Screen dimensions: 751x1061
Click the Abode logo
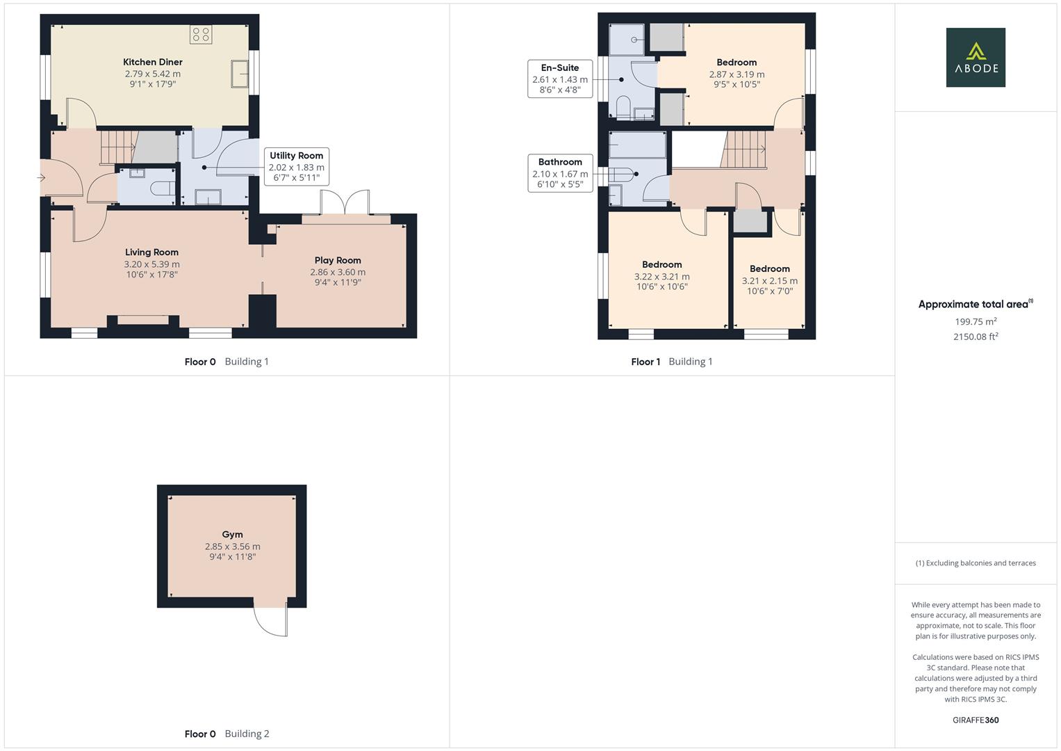[975, 57]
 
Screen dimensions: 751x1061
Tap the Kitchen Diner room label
[153, 62]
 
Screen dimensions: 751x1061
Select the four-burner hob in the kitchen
[201, 35]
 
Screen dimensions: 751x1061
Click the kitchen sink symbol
[240, 74]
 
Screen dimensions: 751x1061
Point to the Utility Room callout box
[297, 166]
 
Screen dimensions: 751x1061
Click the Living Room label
[151, 252]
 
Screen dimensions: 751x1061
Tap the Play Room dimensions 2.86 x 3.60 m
[338, 272]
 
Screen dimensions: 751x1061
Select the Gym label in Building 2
[232, 534]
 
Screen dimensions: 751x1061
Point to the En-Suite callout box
[560, 79]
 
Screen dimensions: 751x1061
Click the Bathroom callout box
[560, 173]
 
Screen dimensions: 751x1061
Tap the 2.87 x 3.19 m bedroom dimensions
[737, 74]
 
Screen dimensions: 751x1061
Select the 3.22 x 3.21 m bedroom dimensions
[661, 276]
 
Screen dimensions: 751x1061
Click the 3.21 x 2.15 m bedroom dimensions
[769, 281]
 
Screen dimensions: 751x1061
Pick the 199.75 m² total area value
[976, 321]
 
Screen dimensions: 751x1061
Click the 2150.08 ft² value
[976, 337]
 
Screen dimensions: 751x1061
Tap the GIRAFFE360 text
[976, 720]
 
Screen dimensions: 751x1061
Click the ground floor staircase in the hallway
[117, 147]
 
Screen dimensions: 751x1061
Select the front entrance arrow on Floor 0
[40, 178]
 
